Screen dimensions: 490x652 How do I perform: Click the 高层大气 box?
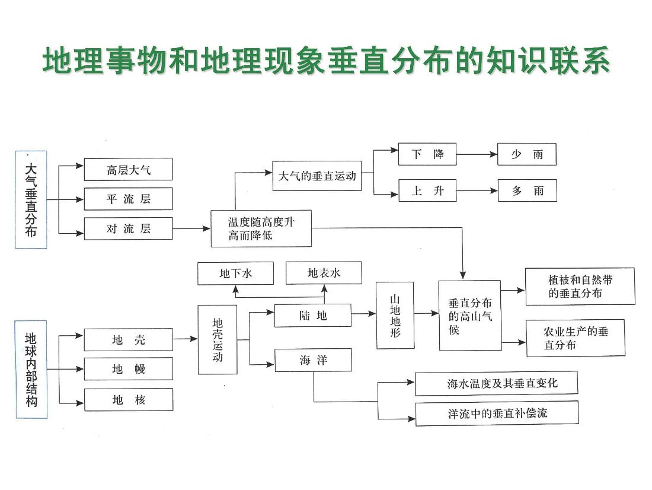(128, 170)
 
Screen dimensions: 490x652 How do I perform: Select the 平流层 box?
(128, 199)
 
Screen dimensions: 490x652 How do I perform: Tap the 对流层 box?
(128, 228)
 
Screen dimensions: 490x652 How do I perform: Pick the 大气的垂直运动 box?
(317, 176)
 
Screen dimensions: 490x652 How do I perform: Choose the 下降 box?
(427, 154)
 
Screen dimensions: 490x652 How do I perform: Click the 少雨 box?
(527, 154)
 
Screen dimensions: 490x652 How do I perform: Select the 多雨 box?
(527, 191)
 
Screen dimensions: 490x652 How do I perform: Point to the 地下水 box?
(236, 273)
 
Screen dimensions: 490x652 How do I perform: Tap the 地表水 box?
(324, 273)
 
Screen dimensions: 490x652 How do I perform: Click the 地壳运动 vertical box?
(217, 339)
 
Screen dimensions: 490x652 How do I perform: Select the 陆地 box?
(312, 316)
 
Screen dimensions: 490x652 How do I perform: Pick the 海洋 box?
(312, 359)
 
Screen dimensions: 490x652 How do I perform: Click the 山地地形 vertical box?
(395, 315)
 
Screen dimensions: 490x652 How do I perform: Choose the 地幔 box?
(128, 369)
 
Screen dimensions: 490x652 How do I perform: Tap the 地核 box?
(128, 400)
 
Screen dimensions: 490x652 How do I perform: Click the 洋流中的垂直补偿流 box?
(497, 413)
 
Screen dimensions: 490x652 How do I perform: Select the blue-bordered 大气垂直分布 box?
(31, 199)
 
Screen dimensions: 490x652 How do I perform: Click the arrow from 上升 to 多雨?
(477, 191)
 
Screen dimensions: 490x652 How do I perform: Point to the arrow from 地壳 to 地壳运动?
(185, 339)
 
